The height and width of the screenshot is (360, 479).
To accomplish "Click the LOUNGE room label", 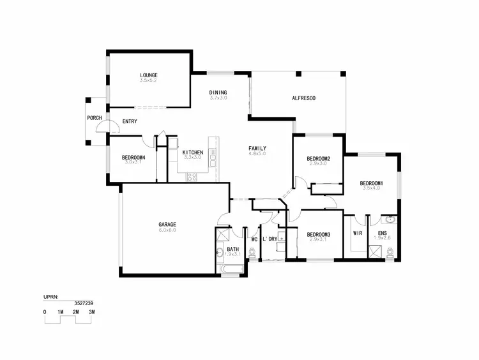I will [x=149, y=75].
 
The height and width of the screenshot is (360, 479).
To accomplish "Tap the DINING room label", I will [x=218, y=93].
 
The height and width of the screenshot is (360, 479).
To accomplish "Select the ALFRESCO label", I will [x=303, y=98].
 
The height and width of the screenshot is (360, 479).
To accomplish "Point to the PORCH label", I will [x=95, y=118].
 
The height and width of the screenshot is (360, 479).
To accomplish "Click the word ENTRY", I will [x=130, y=121].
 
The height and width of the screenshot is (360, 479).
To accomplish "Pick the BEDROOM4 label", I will [x=133, y=157].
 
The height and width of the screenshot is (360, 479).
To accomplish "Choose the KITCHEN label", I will [x=193, y=153].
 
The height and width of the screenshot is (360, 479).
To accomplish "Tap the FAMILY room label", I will [x=257, y=148].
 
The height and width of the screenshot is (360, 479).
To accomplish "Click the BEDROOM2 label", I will [x=317, y=158].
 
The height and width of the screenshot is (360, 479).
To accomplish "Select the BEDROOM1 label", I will [x=371, y=183].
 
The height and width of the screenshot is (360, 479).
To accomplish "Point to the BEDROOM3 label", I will [x=317, y=234].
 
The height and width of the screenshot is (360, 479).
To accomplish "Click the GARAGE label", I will [x=167, y=224].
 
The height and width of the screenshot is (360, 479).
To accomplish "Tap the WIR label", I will [x=358, y=234].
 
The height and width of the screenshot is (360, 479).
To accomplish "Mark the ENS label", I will [x=382, y=234].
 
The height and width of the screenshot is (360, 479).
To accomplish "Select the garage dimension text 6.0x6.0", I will [x=167, y=230].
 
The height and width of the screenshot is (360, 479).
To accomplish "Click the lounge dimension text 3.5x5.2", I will [x=149, y=81].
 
